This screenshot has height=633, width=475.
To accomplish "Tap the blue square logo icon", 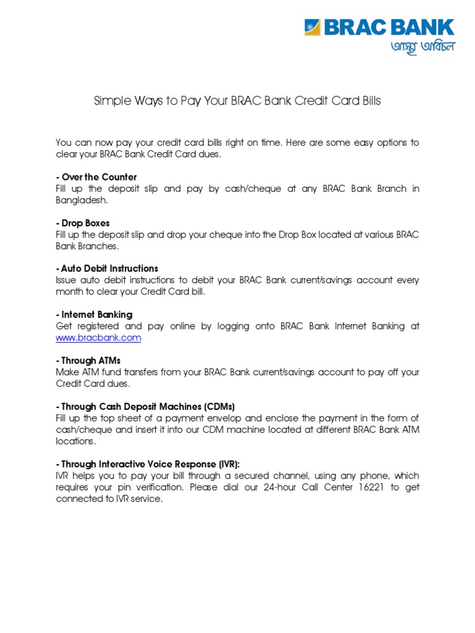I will point(312,28).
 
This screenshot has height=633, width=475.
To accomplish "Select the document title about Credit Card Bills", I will point(237,101).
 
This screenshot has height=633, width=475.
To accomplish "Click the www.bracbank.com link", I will point(98,338).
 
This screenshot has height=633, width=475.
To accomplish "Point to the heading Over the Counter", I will point(96,177).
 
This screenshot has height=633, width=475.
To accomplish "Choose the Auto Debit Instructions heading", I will point(106,268).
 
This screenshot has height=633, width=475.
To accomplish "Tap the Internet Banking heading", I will point(93,315).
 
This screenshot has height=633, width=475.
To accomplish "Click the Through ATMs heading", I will point(88,360).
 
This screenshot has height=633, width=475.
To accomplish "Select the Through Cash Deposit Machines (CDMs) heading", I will point(145,406).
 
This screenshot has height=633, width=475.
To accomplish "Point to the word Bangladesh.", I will point(81,200).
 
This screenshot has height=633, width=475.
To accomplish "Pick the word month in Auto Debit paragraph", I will point(69,292).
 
